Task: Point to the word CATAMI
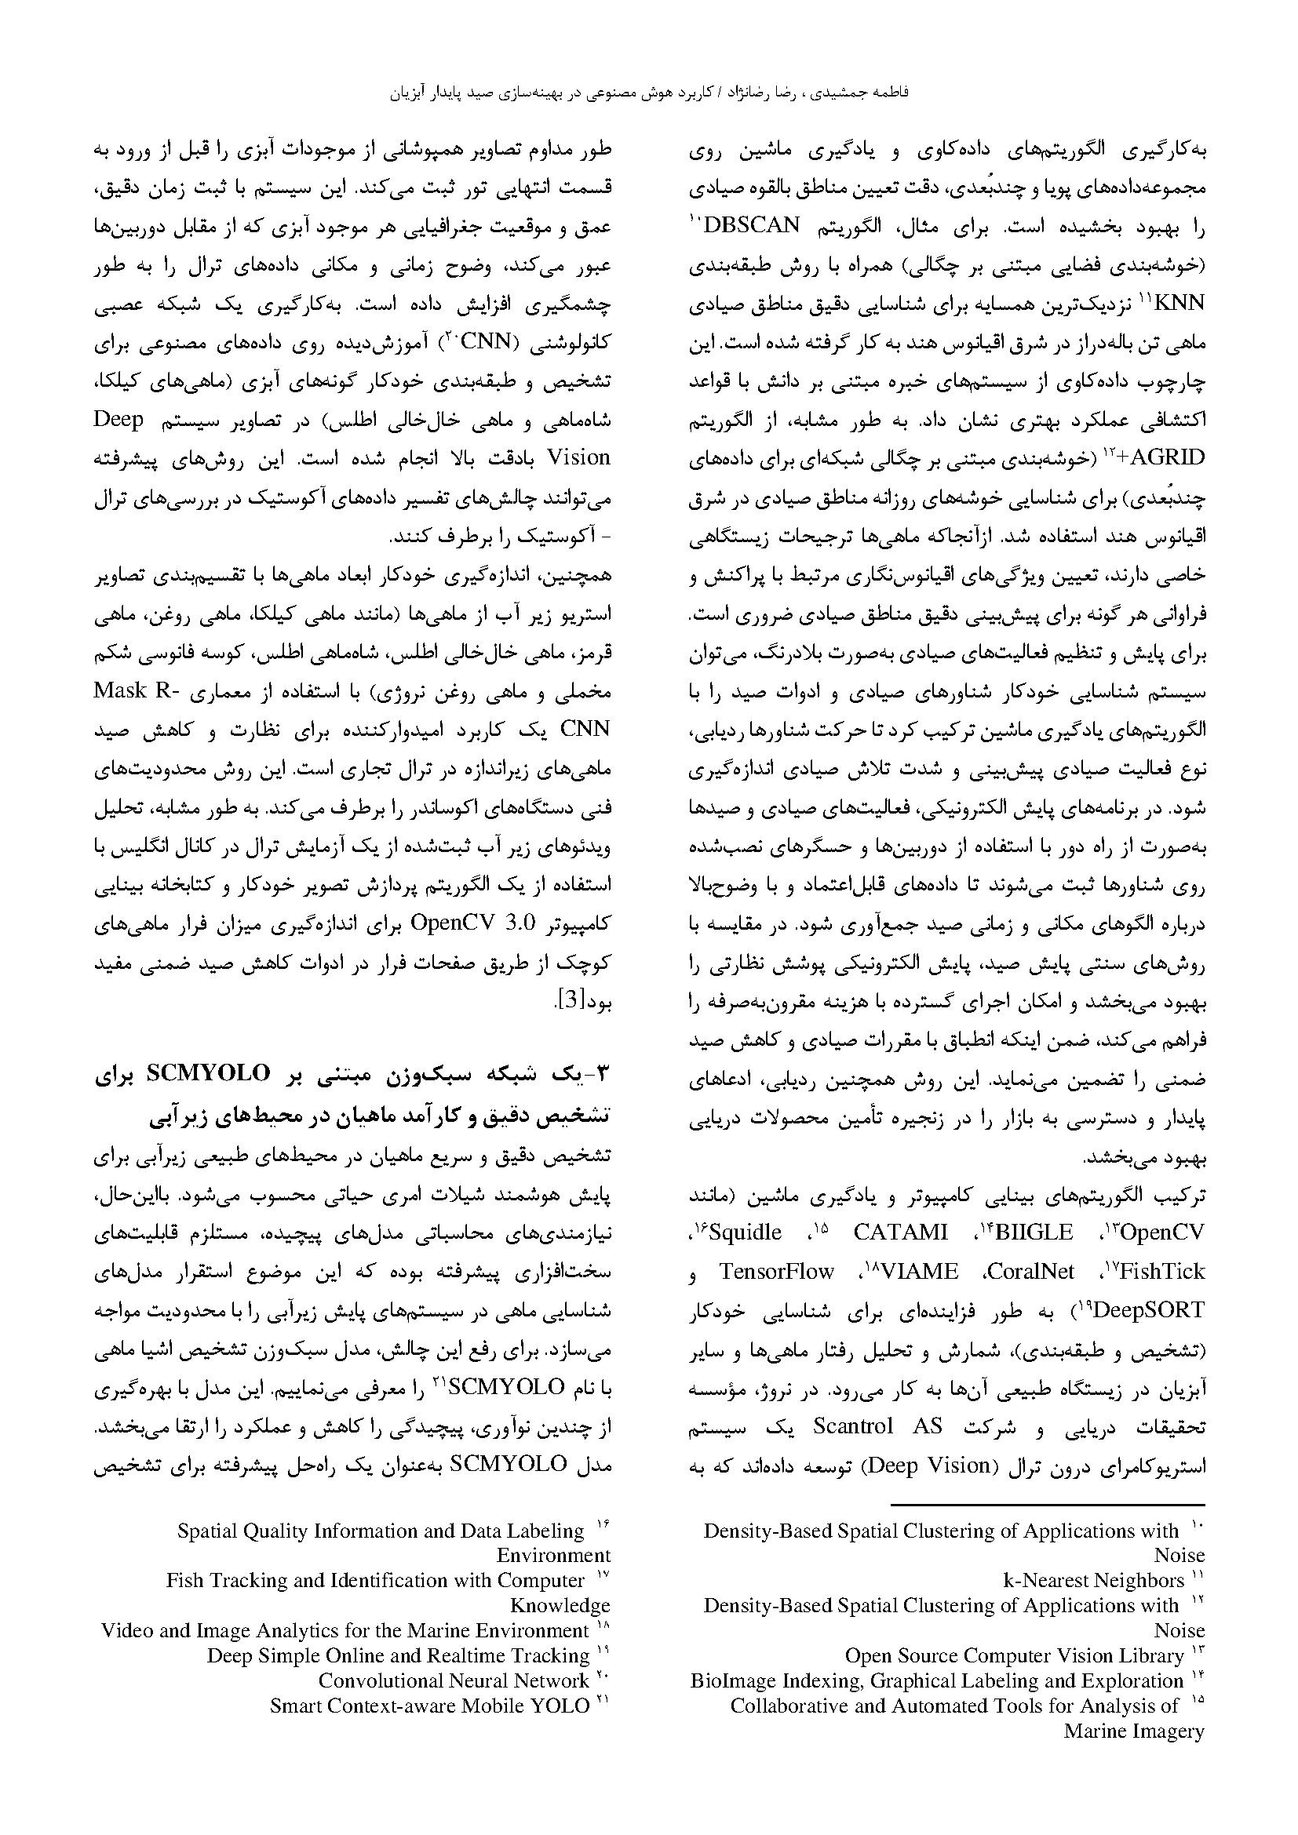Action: tap(900, 1232)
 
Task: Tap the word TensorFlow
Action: tap(777, 1271)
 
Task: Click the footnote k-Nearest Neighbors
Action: tap(1093, 1580)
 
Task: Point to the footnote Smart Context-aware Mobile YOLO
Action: tap(429, 1706)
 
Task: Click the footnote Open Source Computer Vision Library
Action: tap(1013, 1655)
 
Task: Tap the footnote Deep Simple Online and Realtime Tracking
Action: tap(398, 1655)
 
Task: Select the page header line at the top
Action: tap(648, 93)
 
